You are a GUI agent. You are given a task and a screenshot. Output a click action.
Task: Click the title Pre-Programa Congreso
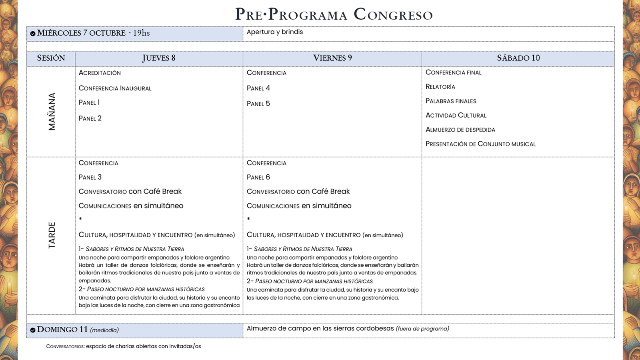pyautogui.click(x=334, y=14)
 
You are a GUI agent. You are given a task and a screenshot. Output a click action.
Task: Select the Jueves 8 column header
pyautogui.click(x=159, y=58)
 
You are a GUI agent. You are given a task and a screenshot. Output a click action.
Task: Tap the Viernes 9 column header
pyautogui.click(x=332, y=58)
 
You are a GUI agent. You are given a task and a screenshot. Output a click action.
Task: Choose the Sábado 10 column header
pyautogui.click(x=518, y=58)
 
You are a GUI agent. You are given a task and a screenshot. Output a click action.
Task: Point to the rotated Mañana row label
pyautogui.click(x=52, y=112)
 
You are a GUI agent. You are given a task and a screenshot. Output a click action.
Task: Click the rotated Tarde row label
pyautogui.click(x=52, y=235)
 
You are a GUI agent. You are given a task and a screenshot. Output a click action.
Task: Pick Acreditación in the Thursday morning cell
pyautogui.click(x=100, y=73)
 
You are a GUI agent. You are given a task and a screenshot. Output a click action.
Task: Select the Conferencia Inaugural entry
pyautogui.click(x=115, y=88)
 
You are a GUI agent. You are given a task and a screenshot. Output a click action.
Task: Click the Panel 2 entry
pyautogui.click(x=90, y=118)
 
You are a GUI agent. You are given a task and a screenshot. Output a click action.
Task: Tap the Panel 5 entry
pyautogui.click(x=258, y=104)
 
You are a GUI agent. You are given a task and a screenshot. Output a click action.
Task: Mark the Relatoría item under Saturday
pyautogui.click(x=440, y=87)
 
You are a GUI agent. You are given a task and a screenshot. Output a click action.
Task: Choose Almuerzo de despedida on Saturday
pyautogui.click(x=460, y=130)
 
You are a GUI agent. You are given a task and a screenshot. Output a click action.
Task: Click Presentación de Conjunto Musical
pyautogui.click(x=480, y=144)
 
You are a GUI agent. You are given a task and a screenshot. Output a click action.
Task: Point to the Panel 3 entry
pyautogui.click(x=90, y=177)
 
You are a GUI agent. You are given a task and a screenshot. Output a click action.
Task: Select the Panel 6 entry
pyautogui.click(x=258, y=177)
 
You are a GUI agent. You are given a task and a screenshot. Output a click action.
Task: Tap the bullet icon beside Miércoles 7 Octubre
pyautogui.click(x=33, y=34)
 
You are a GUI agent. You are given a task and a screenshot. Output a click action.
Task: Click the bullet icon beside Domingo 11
pyautogui.click(x=33, y=330)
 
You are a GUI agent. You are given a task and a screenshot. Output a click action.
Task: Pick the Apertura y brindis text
pyautogui.click(x=275, y=32)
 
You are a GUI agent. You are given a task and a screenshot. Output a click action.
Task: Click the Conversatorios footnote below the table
pyautogui.click(x=123, y=346)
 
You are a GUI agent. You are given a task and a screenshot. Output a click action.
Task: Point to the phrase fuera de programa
pyautogui.click(x=422, y=329)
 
